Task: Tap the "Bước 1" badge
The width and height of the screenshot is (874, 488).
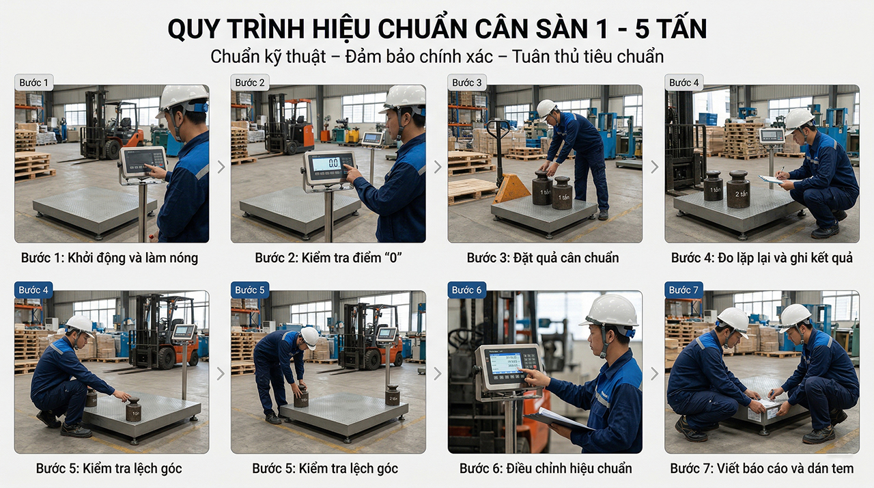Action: pos(34,83)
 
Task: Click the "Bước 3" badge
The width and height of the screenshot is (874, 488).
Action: pos(467,83)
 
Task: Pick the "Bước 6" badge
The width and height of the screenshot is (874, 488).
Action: pos(467,290)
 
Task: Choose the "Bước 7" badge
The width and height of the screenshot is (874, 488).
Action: pos(684,290)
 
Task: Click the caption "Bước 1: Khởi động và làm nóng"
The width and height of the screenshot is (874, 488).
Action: pos(109,258)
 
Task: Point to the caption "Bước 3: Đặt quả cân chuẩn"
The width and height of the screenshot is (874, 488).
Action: pos(543,258)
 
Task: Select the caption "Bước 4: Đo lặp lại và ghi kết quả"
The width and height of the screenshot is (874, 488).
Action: pos(761,258)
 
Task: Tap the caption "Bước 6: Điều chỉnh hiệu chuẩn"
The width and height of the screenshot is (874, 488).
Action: pos(545,468)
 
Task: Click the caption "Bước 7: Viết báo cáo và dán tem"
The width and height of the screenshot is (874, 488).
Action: pos(761,468)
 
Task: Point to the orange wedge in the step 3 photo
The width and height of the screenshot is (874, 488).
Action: pos(512,189)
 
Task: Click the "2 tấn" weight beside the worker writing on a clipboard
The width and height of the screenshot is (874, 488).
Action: pos(737,189)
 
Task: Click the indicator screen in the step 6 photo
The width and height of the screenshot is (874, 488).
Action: pos(505,362)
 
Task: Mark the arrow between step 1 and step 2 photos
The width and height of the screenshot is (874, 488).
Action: pos(221,167)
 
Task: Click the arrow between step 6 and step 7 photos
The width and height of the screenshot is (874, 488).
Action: pos(654,374)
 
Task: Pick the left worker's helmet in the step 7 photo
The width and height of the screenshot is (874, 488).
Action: pos(733,318)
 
